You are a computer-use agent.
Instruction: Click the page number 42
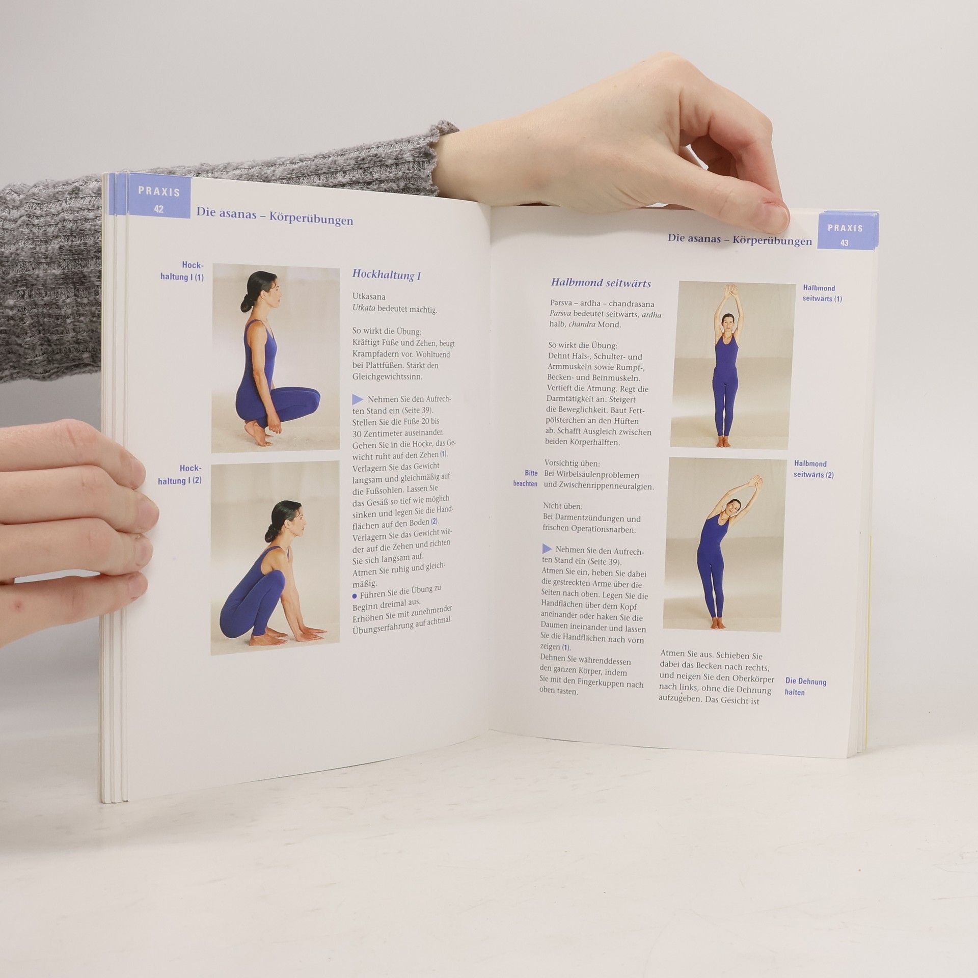pyautogui.click(x=159, y=209)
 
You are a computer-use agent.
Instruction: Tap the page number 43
pyautogui.click(x=845, y=243)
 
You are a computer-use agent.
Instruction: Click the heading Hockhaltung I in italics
pyautogui.click(x=386, y=275)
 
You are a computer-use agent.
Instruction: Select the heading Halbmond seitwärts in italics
pyautogui.click(x=601, y=283)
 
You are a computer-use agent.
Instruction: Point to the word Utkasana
pyautogui.click(x=369, y=296)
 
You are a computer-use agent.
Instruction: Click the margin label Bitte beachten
pyautogui.click(x=526, y=478)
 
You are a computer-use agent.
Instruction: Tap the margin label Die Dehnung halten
pyautogui.click(x=805, y=687)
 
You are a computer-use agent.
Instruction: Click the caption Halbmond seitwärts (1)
pyautogui.click(x=822, y=293)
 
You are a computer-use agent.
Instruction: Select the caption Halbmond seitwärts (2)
pyautogui.click(x=813, y=469)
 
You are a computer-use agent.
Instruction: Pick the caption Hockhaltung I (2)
pyautogui.click(x=180, y=474)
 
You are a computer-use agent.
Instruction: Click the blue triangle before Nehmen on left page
pyautogui.click(x=358, y=400)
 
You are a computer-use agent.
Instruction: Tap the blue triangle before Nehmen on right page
pyautogui.click(x=547, y=549)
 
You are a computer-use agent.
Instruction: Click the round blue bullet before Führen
pyautogui.click(x=355, y=595)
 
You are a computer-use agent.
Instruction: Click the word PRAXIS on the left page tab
pyautogui.click(x=159, y=192)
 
